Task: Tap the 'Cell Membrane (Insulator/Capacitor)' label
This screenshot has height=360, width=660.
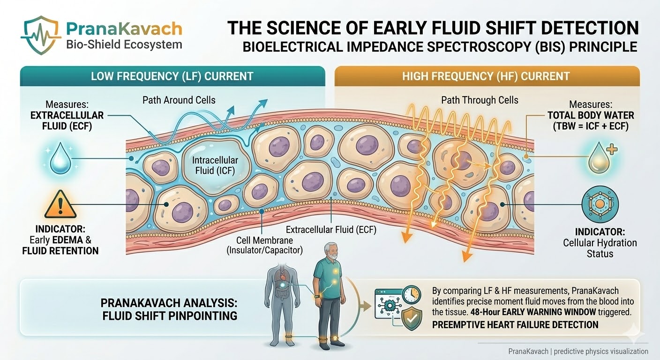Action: (x=264, y=245)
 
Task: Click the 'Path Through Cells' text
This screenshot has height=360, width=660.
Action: (x=480, y=99)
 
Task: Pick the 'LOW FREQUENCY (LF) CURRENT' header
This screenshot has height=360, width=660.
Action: (x=172, y=76)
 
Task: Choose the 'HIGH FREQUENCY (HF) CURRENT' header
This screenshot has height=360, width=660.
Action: (x=486, y=76)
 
